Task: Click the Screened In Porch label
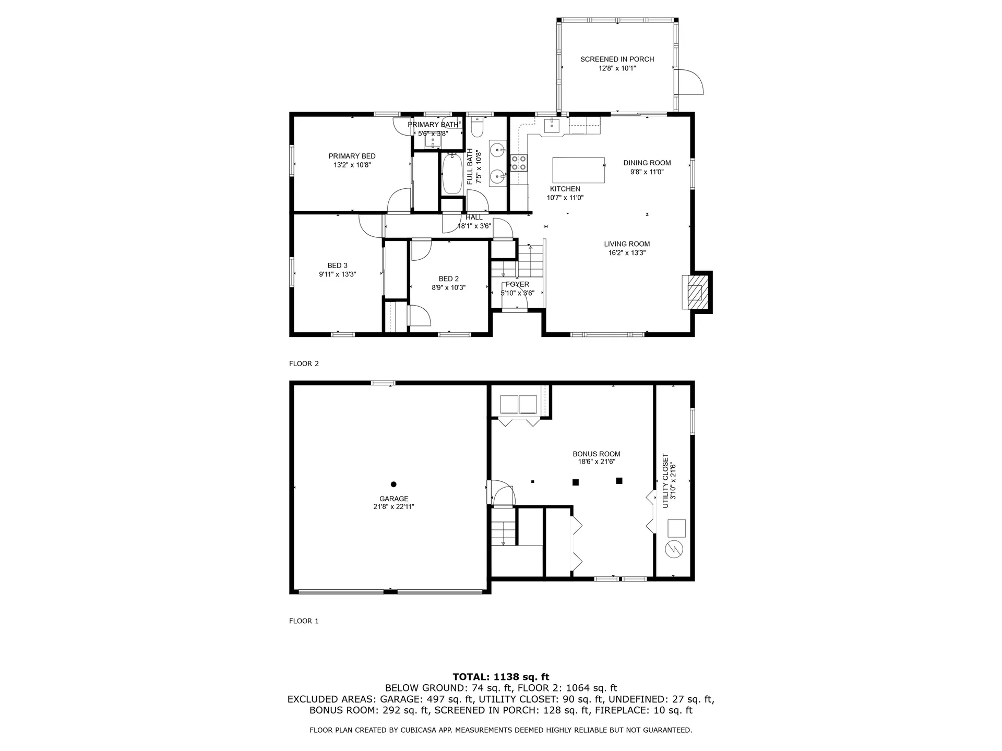617,59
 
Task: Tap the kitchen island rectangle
578,170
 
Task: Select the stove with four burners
519,163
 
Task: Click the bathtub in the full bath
452,174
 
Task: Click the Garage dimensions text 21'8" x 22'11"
393,506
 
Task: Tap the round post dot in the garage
393,484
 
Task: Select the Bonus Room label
596,454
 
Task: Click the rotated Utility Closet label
665,481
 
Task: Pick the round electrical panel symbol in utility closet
673,549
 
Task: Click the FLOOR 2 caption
304,364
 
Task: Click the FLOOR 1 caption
304,621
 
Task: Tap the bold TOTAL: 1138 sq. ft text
500,677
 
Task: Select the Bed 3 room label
337,265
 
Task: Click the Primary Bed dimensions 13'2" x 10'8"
352,165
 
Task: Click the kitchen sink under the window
552,126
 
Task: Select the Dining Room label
647,163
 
